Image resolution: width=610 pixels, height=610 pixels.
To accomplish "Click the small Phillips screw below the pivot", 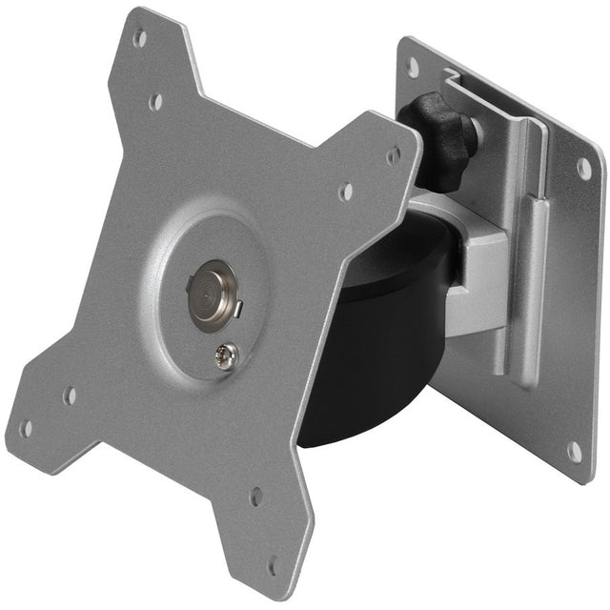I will [227, 356].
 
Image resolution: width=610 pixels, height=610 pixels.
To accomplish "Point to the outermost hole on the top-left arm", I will [140, 39].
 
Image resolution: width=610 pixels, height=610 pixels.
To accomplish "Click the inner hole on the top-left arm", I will [155, 100].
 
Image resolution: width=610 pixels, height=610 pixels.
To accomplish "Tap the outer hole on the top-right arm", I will [394, 155].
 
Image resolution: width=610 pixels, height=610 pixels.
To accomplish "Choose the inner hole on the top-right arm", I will [345, 191].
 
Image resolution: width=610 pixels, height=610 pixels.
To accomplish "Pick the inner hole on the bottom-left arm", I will [69, 395].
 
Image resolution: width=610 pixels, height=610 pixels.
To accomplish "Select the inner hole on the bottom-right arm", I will [255, 497].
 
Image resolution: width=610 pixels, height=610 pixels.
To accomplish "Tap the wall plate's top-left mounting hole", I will [413, 67].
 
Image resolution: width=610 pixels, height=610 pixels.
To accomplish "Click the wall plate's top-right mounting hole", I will [583, 168].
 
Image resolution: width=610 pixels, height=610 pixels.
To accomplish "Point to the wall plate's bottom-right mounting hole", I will [575, 450].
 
